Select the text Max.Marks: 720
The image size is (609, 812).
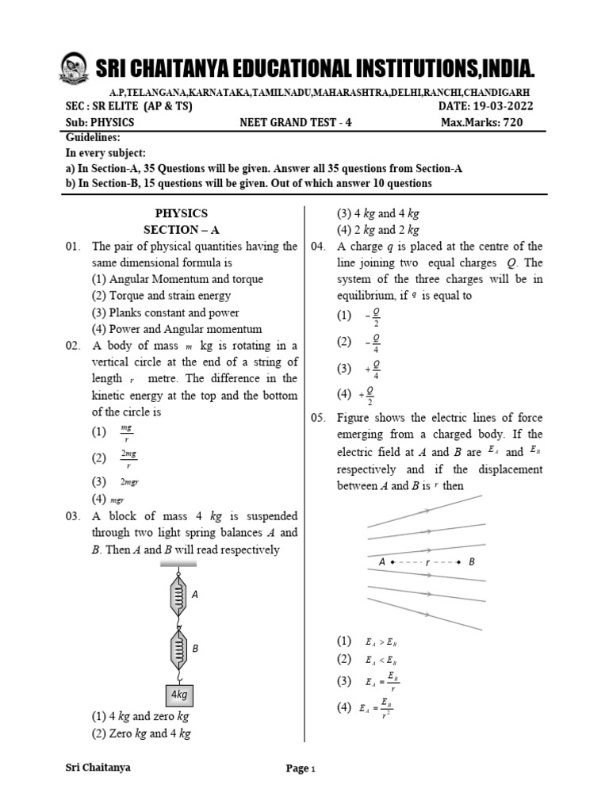coord(481,123)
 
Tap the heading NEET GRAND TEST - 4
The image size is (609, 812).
coord(289,123)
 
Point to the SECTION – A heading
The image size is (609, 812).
coord(181,230)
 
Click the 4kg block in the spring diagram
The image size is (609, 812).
coord(179,695)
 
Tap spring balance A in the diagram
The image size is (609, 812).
coord(179,594)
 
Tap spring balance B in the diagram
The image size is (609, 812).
coord(179,649)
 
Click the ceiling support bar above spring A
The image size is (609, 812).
coord(179,564)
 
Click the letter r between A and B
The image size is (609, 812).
coord(427,561)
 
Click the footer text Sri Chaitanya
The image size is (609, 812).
coord(98,768)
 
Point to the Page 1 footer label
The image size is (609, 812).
coord(301,768)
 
